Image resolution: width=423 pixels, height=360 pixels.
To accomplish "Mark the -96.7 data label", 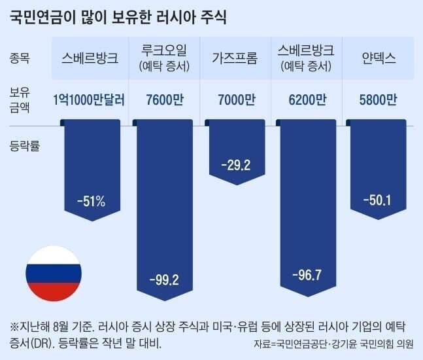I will tap(307, 274).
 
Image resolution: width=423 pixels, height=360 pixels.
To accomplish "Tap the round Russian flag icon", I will tap(54, 274).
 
